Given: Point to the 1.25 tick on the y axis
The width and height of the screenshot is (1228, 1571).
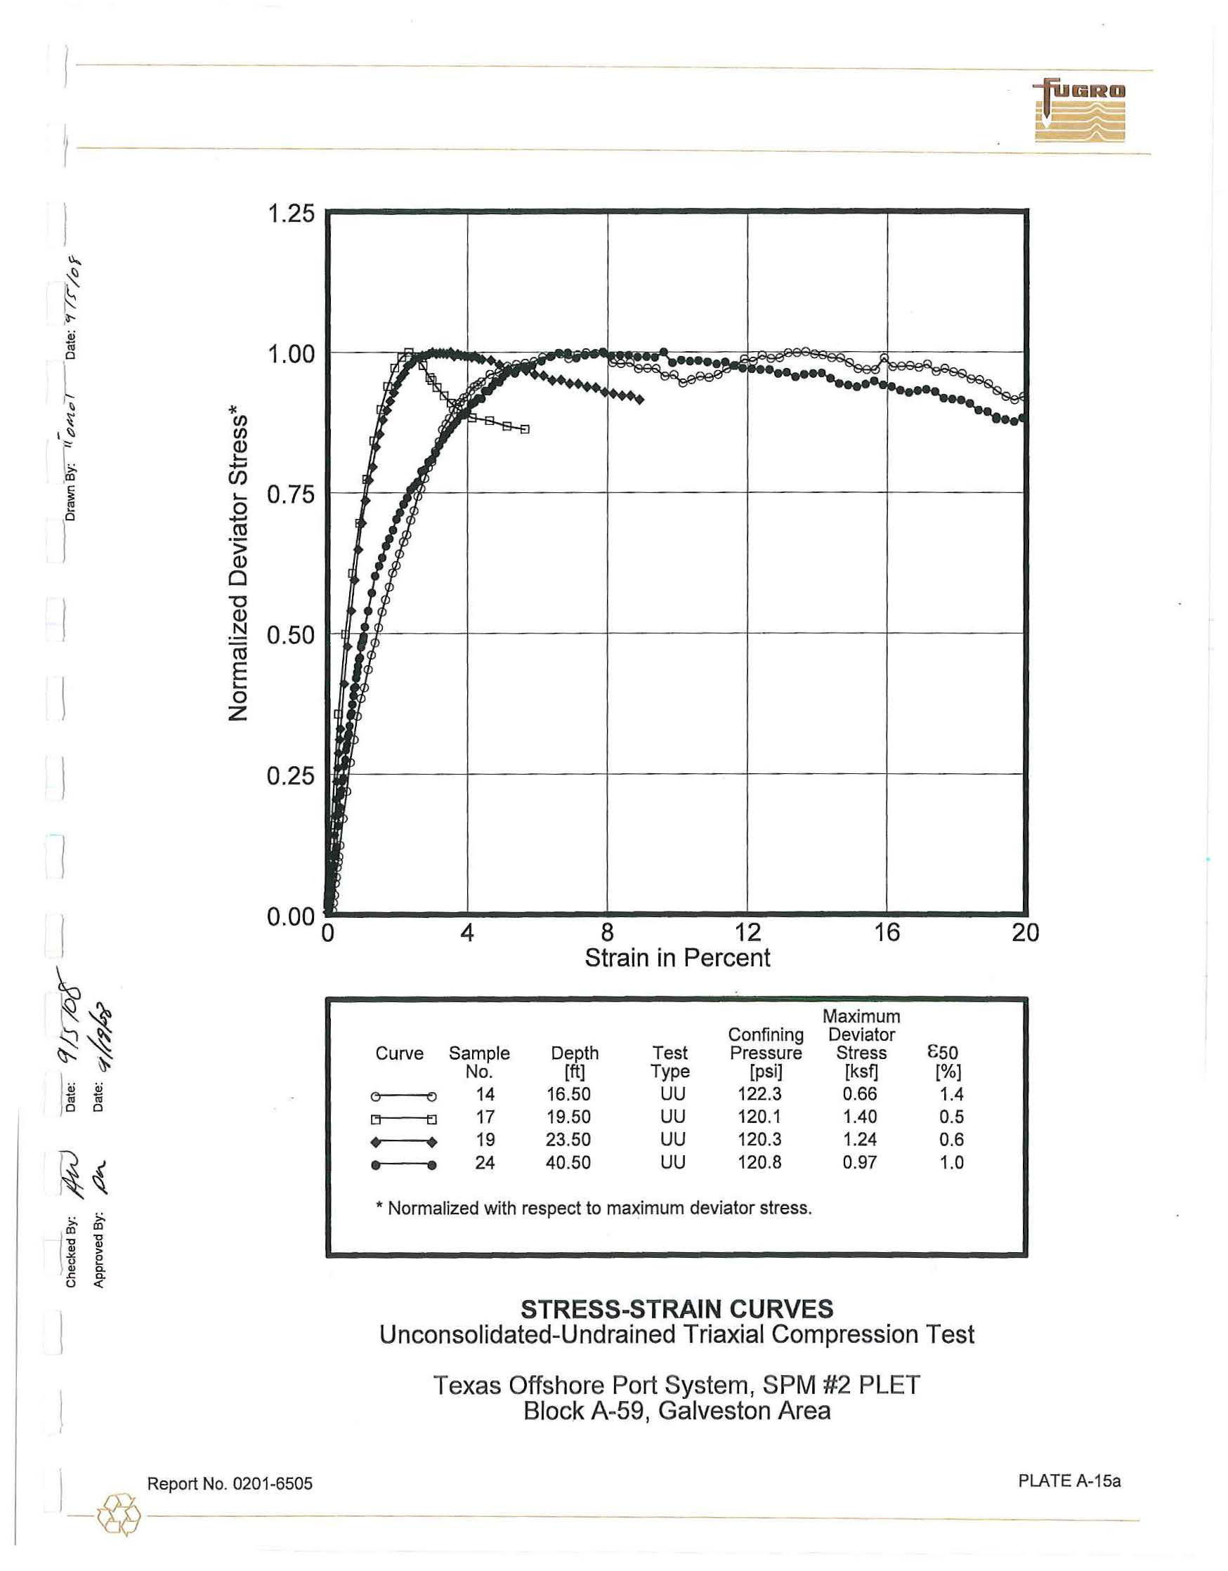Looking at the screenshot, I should tap(291, 213).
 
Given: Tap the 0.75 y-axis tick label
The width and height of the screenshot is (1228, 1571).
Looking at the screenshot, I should tap(291, 495).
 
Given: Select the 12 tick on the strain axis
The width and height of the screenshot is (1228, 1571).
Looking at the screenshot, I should tap(747, 932).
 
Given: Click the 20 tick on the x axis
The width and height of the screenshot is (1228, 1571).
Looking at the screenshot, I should tap(1025, 932).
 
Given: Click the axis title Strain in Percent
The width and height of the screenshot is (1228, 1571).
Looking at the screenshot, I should tap(677, 958).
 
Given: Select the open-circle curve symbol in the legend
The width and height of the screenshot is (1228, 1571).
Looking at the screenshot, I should tap(403, 1096).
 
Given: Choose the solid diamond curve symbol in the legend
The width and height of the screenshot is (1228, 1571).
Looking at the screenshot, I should tap(403, 1143).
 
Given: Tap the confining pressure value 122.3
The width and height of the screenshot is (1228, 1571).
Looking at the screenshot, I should tap(759, 1094).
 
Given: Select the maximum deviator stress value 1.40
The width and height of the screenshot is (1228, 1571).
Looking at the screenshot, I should tap(860, 1117).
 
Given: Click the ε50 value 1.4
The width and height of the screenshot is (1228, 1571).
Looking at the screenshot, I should tap(951, 1094).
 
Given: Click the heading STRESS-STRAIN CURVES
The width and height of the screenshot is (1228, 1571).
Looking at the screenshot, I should tap(677, 1308).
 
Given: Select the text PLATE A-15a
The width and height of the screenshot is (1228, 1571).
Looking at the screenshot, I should tap(1069, 1481).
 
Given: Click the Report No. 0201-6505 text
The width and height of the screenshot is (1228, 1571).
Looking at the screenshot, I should tap(230, 1483).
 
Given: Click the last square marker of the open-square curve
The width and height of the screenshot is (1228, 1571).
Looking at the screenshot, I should tap(525, 429).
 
